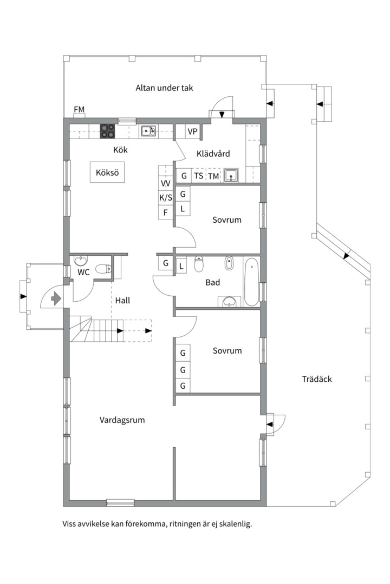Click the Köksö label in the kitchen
pos(107,172)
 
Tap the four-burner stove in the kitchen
pos(107,131)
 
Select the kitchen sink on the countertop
pos(148,131)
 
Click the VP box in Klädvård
pos(193,131)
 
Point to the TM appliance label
pos(213,176)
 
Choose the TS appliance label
pos(199,175)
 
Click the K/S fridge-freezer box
pos(166,197)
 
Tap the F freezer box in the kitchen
pos(166,213)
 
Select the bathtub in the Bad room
pos(251,282)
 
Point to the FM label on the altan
pos(79,109)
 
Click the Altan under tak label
pos(164,88)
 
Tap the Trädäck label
pos(317,379)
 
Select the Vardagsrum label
pos(122,420)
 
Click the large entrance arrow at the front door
pos(56,298)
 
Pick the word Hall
pos(122,300)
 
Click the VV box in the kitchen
pos(166,183)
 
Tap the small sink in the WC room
pos(81,260)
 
